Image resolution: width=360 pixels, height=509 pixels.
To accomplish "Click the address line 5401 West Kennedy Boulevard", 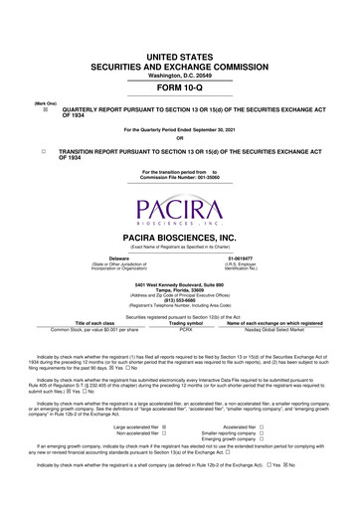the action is click(x=180, y=285).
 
